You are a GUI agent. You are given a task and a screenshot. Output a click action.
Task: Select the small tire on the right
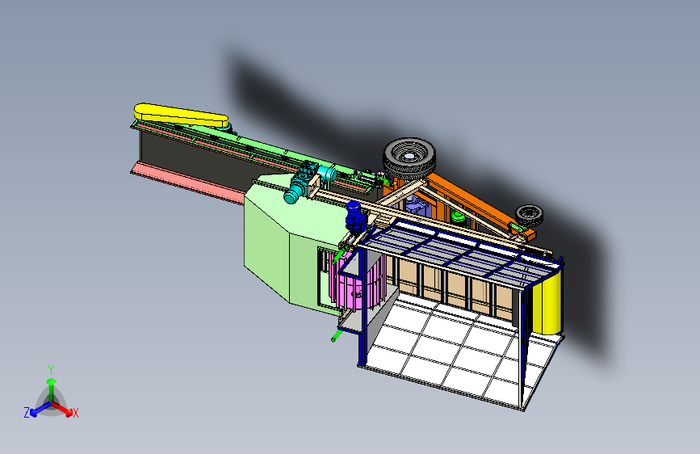coord(530,215)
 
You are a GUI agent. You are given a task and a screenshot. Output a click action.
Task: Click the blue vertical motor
coord(354,216)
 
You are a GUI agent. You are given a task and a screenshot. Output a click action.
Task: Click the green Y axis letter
coord(51,368)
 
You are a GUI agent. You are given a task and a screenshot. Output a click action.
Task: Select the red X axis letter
coord(76,414)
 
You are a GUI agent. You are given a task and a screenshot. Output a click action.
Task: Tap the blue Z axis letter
coord(27,413)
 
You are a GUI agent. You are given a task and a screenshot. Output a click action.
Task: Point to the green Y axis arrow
coord(51,385)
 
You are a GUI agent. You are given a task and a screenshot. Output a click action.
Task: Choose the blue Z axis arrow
coord(37,408)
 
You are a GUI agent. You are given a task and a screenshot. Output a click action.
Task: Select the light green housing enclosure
coord(279,242)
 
